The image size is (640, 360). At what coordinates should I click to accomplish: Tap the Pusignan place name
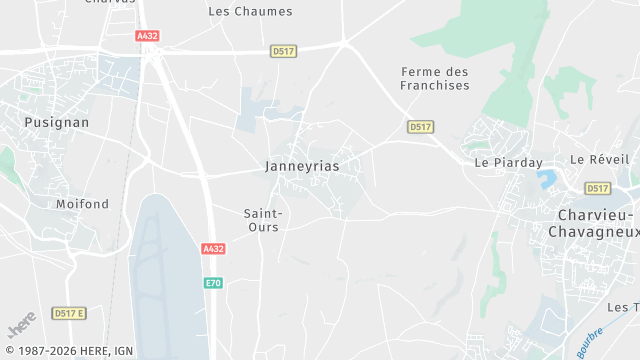coord(56,122)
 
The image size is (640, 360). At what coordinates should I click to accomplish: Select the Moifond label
coord(82,204)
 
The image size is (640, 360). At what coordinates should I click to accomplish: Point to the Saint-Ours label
coord(264,219)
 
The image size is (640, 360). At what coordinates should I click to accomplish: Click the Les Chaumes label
coord(250,12)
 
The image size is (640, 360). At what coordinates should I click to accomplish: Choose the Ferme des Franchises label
coord(435,78)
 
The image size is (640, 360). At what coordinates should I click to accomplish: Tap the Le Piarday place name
coord(508,162)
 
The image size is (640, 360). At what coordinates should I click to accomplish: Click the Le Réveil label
coord(600,159)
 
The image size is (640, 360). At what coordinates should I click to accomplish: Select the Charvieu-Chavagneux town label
coord(593,223)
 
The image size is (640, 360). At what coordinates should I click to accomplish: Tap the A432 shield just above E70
coord(213,249)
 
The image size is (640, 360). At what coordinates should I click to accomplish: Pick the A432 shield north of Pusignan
coord(147,35)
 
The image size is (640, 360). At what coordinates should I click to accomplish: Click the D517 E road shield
coord(69,313)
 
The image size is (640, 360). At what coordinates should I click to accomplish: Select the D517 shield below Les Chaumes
coord(283,50)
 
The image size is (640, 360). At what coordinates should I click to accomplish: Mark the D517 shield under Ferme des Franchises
coord(420,127)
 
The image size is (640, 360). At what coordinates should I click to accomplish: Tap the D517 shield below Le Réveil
coord(597,188)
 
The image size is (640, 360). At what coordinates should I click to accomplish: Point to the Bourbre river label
coord(589,342)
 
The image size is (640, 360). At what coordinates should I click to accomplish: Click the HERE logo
coord(21,326)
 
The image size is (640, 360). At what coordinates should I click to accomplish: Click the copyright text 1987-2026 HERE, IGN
coord(68,351)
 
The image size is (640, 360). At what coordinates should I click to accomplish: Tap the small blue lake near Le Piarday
coord(546,180)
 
